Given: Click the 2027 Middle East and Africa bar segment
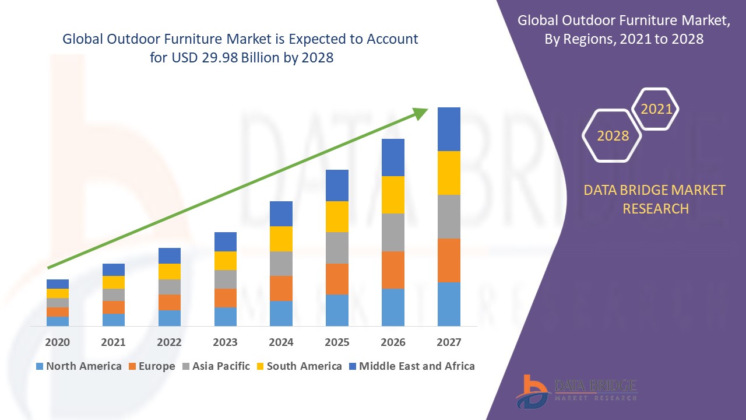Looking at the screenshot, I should click(449, 129).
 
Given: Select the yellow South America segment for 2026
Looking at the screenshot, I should click(393, 195).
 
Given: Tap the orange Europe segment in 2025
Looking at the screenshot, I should click(337, 279).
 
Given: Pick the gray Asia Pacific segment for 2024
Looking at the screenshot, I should click(281, 264).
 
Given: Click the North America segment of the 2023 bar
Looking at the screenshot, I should click(226, 316).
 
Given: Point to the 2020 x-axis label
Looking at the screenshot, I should click(57, 342).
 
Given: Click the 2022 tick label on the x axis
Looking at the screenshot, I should click(169, 342).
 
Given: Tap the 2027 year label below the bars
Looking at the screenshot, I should click(449, 342).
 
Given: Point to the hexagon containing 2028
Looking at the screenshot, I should click(613, 135).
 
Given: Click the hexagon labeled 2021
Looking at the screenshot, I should click(656, 109).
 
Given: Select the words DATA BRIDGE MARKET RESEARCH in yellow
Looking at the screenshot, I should click(655, 199).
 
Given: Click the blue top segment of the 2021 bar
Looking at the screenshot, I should click(114, 269).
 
